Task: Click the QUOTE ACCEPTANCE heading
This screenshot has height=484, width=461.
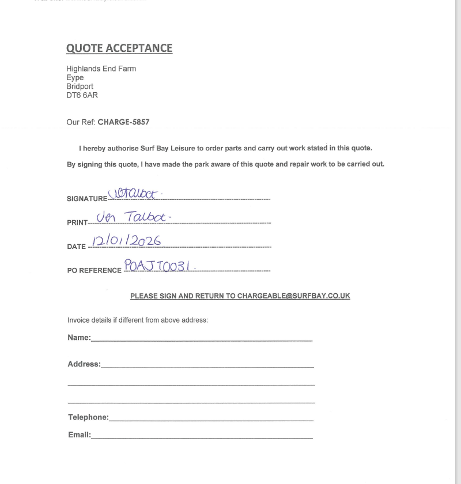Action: [119, 48]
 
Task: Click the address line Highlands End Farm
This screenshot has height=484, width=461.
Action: [101, 69]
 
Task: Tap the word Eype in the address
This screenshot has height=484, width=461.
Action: [75, 77]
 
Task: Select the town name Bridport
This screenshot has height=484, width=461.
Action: [80, 86]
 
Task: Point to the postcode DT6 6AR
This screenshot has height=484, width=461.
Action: [82, 95]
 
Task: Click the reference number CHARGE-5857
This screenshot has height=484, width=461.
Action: [123, 122]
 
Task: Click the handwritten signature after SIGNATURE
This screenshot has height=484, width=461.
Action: [133, 194]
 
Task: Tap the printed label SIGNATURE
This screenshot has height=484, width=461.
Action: [87, 199]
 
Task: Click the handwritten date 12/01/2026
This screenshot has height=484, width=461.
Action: [126, 241]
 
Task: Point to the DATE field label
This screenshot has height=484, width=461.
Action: [76, 247]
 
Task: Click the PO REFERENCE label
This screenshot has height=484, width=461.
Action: [95, 270]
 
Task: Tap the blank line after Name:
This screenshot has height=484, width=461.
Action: [202, 339]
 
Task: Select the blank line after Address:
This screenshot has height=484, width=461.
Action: [207, 366]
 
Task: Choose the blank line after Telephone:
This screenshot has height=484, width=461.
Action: [211, 419]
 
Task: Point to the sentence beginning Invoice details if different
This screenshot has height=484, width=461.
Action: [137, 320]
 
